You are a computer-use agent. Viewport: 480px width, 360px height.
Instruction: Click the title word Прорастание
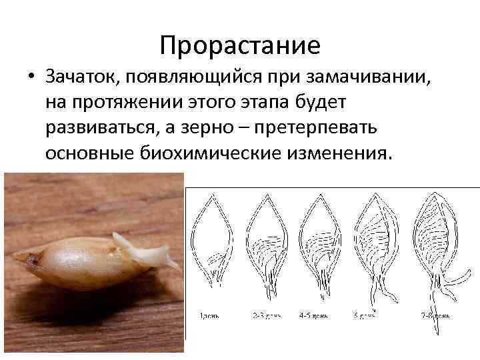tap(240, 45)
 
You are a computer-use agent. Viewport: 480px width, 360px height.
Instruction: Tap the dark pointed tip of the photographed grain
tap(16, 256)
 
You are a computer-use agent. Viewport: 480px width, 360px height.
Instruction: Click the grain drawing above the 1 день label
tap(213, 247)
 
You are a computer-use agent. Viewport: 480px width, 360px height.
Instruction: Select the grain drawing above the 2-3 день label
tap(268, 247)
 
